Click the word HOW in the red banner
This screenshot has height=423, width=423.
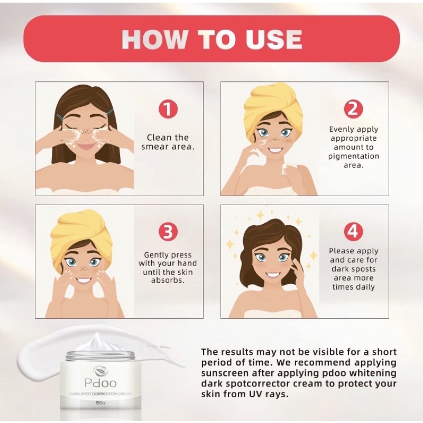pos(154,39)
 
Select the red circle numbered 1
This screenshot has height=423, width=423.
pos(168,109)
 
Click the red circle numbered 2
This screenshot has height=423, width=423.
pos(353,109)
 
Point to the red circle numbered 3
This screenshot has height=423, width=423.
pos(168,232)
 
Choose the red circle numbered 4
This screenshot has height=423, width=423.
pos(353,232)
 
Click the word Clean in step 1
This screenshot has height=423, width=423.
pos(159,137)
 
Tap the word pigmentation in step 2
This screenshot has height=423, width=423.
pos(353,157)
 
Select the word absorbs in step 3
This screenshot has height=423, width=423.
pos(168,280)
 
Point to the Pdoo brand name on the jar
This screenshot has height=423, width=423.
pos(100,383)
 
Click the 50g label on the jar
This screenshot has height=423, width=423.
pos(100,403)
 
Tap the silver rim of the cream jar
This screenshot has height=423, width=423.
pos(100,356)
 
